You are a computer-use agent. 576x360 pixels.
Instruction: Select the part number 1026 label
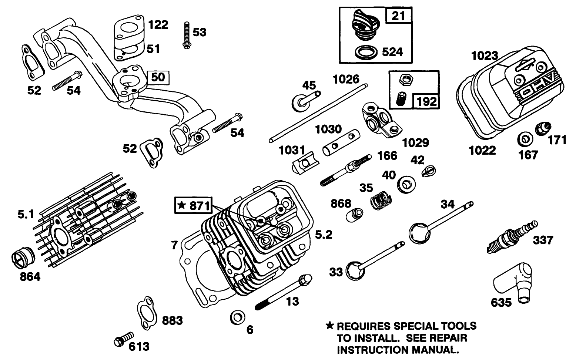pos(346,79)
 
